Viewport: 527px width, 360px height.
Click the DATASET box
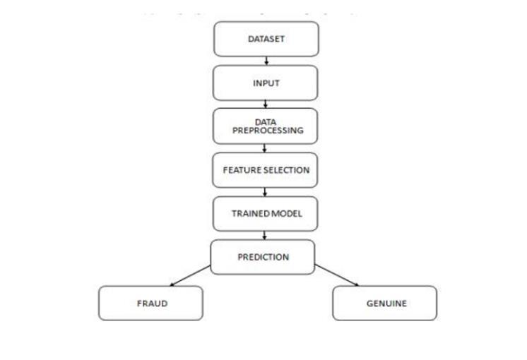266,39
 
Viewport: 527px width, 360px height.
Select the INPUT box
266,83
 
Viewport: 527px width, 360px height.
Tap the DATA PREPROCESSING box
266,126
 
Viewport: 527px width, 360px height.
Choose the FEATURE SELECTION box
266,170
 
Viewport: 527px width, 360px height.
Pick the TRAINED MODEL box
266,213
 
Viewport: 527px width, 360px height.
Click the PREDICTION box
263,257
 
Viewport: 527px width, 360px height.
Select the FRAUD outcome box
150,303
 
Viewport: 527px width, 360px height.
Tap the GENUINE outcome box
385,303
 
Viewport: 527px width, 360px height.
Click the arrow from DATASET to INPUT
266,61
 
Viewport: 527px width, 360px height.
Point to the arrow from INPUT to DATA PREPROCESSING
266,104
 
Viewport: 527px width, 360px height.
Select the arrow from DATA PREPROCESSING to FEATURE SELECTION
265,148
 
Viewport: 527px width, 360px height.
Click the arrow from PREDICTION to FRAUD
190,275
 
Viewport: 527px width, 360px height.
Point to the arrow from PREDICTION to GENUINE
336,275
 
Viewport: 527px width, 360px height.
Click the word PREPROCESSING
268,131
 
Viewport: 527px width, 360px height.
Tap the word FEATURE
237,170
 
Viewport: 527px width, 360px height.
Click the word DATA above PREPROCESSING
266,121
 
